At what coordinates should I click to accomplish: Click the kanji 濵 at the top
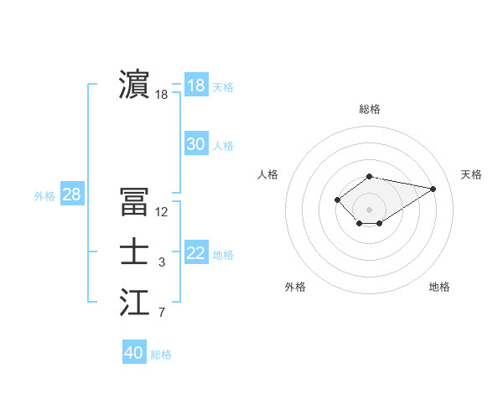click(134, 86)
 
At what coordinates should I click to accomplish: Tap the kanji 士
click(134, 253)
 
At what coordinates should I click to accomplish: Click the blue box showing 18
click(196, 86)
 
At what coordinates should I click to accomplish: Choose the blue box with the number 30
click(196, 144)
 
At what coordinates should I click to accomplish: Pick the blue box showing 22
click(196, 253)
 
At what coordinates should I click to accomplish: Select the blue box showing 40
click(134, 353)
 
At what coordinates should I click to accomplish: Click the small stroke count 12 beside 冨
click(162, 212)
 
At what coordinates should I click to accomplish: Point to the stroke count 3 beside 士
click(162, 263)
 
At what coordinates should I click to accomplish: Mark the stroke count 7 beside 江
click(162, 314)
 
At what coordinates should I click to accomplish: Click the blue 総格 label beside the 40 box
click(161, 355)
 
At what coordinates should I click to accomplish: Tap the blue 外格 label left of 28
click(44, 196)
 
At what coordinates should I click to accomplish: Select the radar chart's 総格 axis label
click(370, 109)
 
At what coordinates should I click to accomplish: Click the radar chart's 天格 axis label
click(471, 174)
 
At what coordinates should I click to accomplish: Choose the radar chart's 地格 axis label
click(439, 287)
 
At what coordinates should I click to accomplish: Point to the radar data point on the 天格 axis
click(433, 189)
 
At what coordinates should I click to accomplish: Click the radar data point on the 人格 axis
click(337, 200)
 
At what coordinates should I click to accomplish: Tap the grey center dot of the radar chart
click(370, 210)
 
